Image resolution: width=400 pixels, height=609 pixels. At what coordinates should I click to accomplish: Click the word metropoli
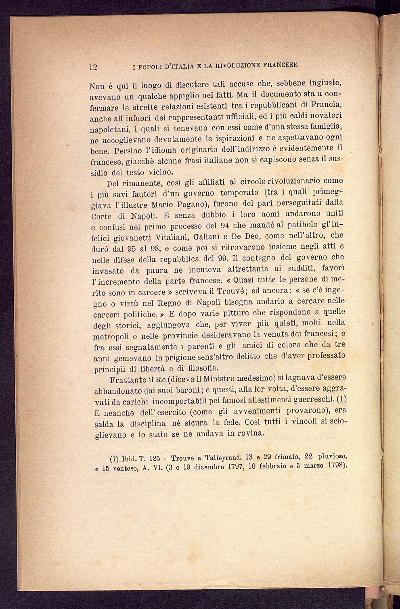(x=110, y=336)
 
